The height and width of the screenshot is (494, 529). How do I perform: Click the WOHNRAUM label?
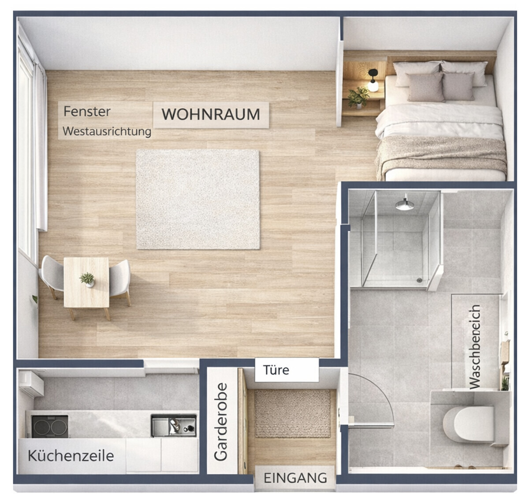[211, 114]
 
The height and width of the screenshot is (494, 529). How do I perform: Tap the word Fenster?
[87, 111]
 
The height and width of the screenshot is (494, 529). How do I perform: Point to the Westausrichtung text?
[107, 131]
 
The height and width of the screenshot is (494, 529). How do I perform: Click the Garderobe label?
[221, 422]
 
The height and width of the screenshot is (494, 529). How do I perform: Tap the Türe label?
[276, 370]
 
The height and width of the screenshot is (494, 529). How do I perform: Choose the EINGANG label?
[295, 478]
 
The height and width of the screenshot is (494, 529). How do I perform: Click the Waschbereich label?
[475, 347]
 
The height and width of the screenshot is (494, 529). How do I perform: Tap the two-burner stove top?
[50, 427]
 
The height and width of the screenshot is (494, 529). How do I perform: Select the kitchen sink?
[174, 426]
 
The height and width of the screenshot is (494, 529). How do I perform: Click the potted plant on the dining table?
[87, 280]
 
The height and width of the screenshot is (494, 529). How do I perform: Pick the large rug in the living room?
[198, 200]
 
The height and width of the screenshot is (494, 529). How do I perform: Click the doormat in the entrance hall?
[292, 413]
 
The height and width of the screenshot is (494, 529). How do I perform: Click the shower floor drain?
[420, 280]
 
